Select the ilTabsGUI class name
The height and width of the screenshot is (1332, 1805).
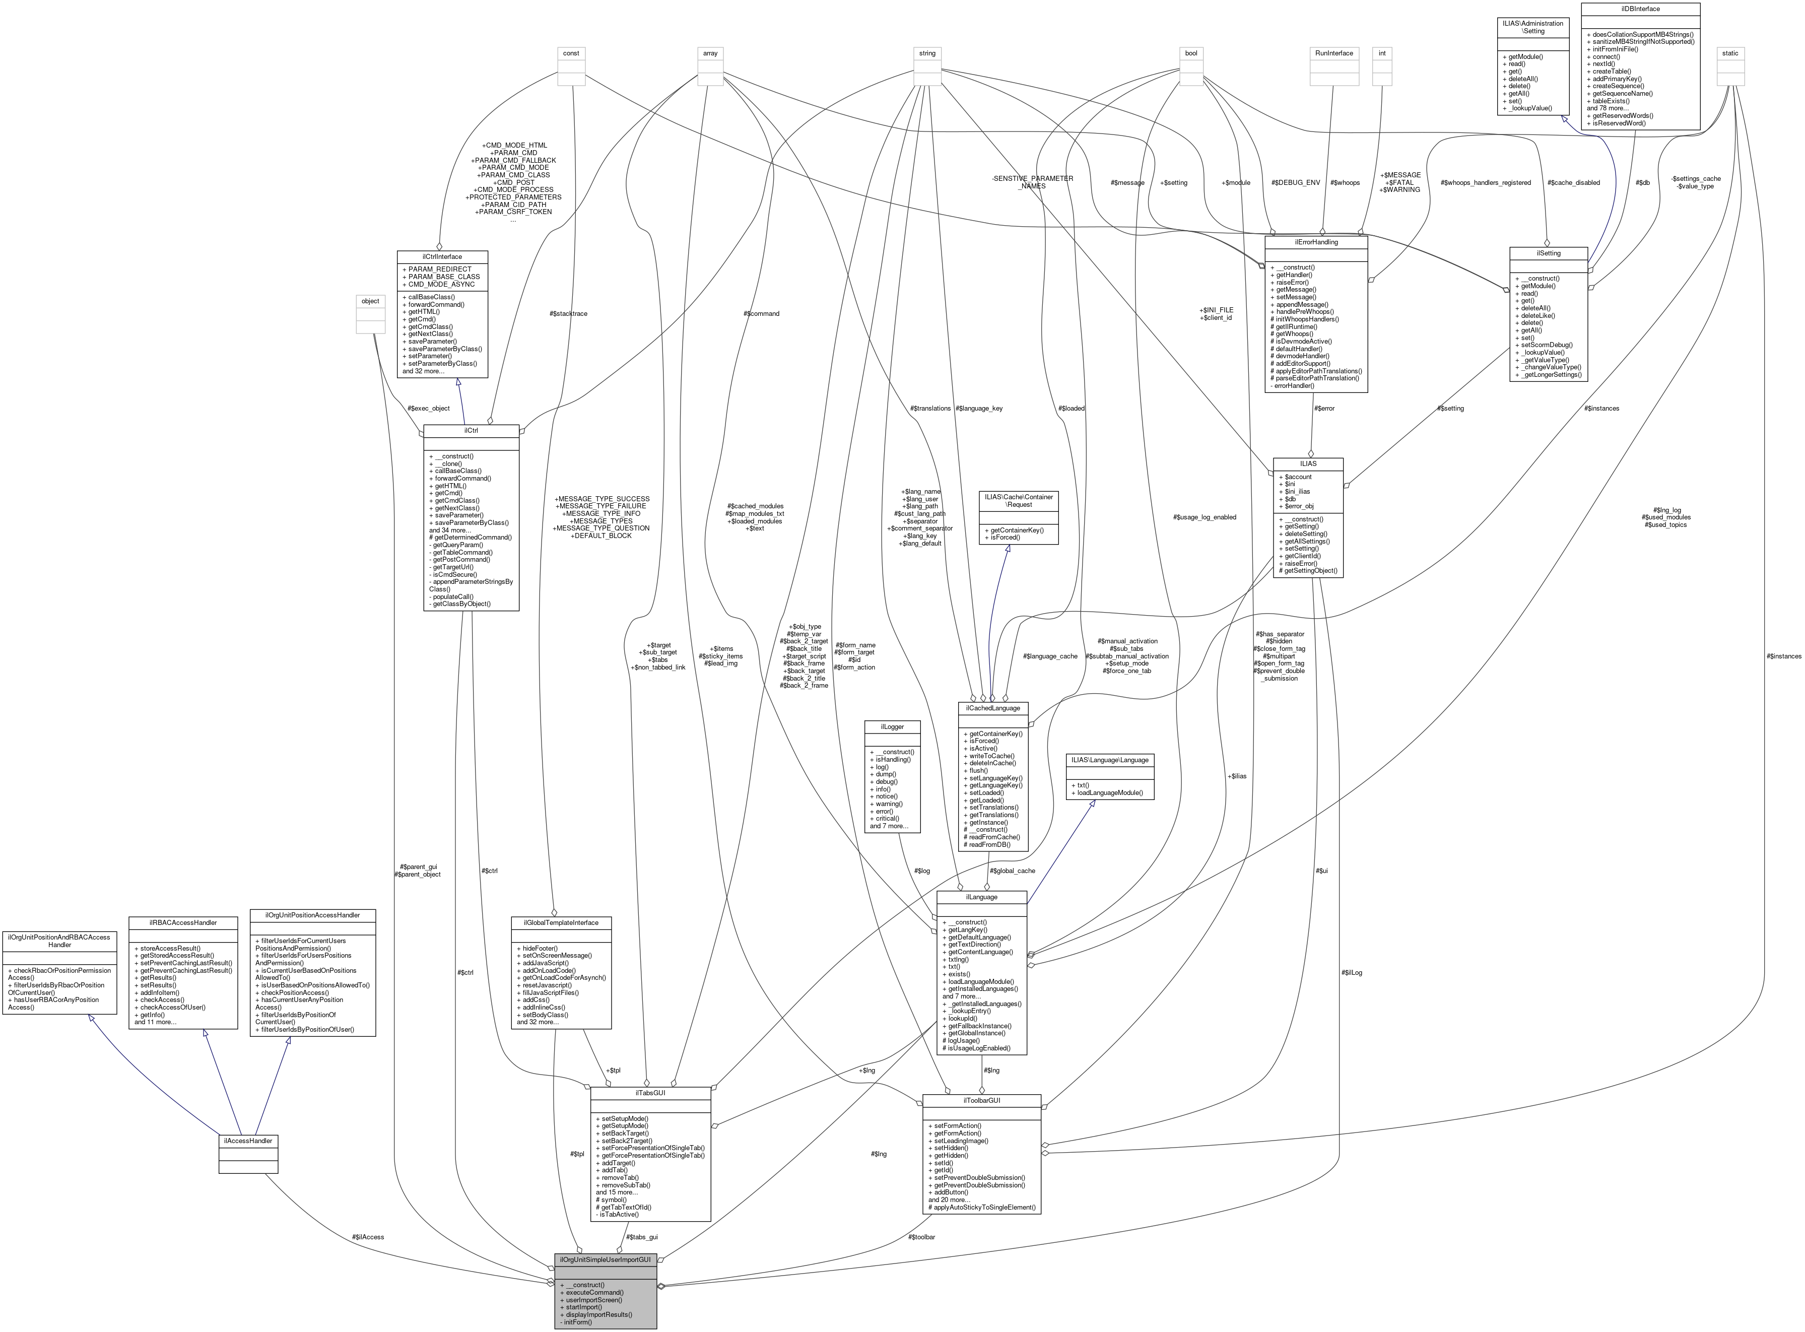[650, 1093]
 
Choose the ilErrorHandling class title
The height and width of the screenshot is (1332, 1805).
[1316, 241]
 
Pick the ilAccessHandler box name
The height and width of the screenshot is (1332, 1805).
[248, 1141]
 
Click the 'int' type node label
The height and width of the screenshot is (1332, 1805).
[1382, 53]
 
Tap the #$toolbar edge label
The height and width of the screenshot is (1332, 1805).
[921, 1237]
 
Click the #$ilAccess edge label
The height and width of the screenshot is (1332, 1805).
[368, 1237]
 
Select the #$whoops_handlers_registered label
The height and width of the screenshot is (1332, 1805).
[1485, 182]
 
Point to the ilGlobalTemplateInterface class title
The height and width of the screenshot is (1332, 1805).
[561, 922]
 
